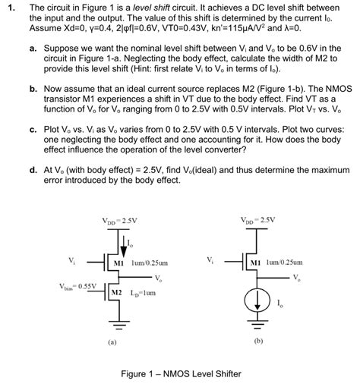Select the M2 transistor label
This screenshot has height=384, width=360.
click(x=117, y=292)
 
